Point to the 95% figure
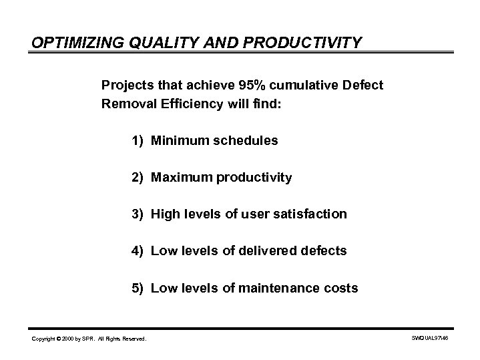pos(253,85)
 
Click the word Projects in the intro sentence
pos(126,85)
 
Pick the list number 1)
pos(138,141)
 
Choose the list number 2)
pos(138,178)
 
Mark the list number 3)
pos(138,214)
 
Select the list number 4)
pos(138,251)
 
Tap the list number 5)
pos(138,289)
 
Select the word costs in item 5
pos(342,289)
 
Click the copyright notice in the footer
pos(89,339)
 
